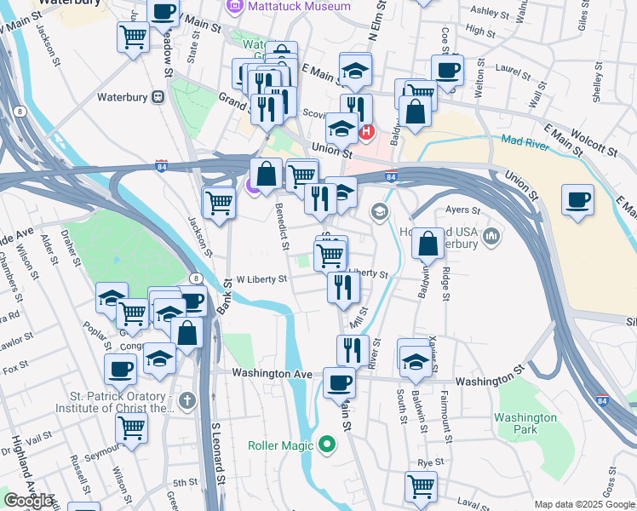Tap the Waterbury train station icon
(x=158, y=97)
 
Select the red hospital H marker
(x=367, y=131)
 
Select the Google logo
(x=28, y=501)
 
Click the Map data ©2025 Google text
(x=583, y=504)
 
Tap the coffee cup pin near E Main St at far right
(x=577, y=200)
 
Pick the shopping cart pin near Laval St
(x=421, y=487)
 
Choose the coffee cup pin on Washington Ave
(x=339, y=383)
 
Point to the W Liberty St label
(x=261, y=278)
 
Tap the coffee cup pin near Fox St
(x=120, y=370)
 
